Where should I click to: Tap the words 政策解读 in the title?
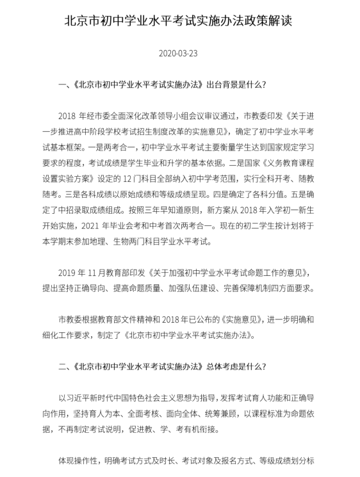(x=263, y=20)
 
